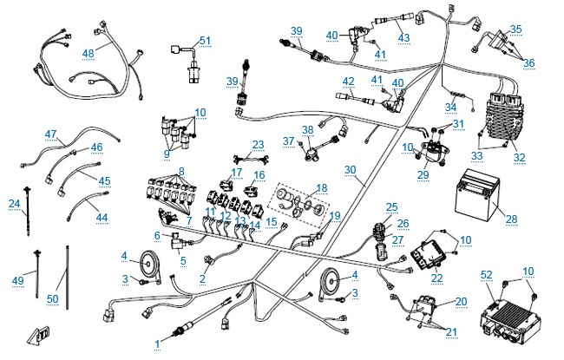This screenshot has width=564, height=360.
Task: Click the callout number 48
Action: pos(89,52)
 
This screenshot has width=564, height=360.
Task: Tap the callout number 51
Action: pos(205,41)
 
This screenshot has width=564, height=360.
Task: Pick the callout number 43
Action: pos(403,37)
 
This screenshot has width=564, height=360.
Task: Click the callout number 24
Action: pos(14,204)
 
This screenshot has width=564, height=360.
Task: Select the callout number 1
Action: pos(158,344)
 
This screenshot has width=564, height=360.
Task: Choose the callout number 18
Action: pos(322,187)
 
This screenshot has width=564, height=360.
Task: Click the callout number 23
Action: pos(258,144)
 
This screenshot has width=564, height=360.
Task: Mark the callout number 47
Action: pos(51,134)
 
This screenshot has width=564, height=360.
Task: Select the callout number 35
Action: pos(516,29)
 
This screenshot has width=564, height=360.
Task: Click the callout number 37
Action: pos(289,141)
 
